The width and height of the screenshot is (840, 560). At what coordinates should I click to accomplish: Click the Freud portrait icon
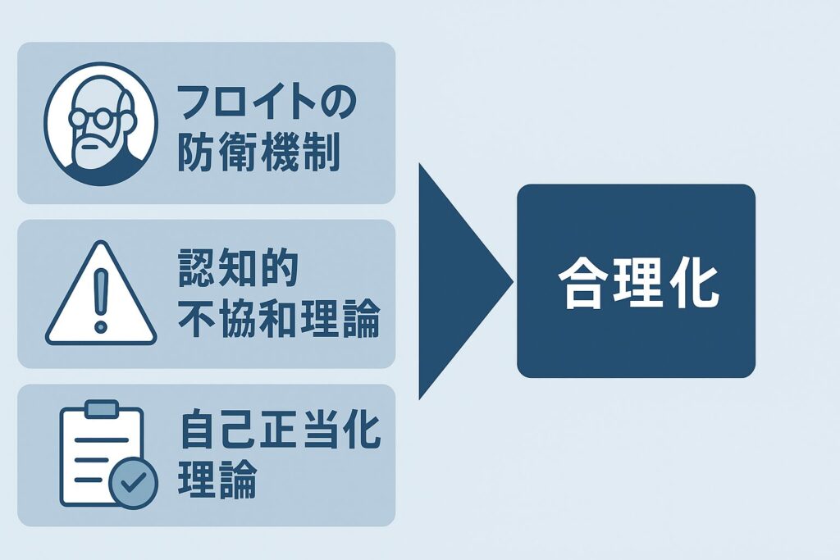click(x=101, y=124)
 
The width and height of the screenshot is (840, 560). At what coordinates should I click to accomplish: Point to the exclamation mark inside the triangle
click(x=101, y=300)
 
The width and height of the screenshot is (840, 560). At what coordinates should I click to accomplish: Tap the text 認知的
click(x=239, y=267)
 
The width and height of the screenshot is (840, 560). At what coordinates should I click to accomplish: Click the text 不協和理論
click(x=279, y=318)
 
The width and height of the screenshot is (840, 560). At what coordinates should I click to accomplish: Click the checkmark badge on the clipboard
click(x=134, y=482)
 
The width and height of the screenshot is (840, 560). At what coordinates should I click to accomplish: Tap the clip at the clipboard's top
click(x=102, y=408)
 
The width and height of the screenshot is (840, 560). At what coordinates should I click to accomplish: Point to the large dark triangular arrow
click(x=465, y=281)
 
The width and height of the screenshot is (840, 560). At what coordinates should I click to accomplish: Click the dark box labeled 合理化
click(x=636, y=281)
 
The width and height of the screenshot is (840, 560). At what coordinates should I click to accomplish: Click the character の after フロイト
click(x=337, y=102)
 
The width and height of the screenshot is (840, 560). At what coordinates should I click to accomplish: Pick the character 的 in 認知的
click(x=280, y=267)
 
